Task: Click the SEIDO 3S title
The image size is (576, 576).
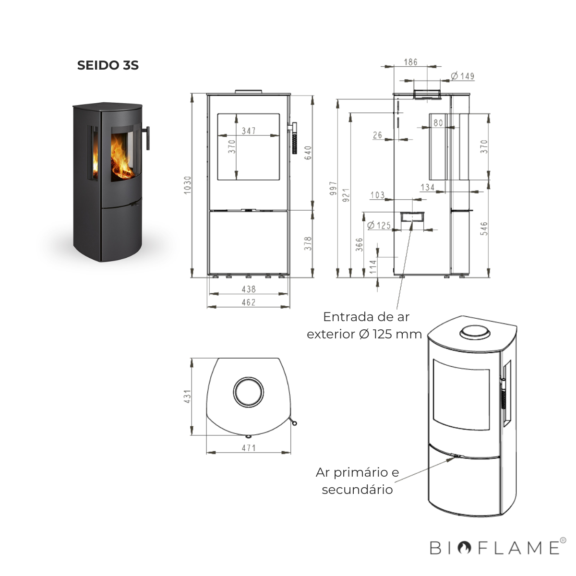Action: (108, 65)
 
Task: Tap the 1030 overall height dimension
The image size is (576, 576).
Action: (188, 185)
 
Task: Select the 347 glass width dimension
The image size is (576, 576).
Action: (249, 131)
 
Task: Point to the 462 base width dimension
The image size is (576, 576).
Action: (249, 302)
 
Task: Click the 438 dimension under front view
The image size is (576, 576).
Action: (249, 289)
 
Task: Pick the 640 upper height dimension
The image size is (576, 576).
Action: (308, 153)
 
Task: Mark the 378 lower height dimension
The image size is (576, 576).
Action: (308, 243)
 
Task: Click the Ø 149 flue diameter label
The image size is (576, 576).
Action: (463, 76)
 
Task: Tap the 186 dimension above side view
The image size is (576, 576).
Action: (410, 62)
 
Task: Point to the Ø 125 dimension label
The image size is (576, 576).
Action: (379, 225)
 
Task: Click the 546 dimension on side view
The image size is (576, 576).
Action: (484, 228)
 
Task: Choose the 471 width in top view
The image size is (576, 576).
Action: (249, 448)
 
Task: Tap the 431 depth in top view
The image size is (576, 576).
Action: (187, 396)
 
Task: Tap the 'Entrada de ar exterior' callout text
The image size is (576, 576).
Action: (365, 325)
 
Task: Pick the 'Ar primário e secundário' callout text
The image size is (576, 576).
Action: (357, 481)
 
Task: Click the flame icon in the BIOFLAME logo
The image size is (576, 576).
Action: (464, 548)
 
